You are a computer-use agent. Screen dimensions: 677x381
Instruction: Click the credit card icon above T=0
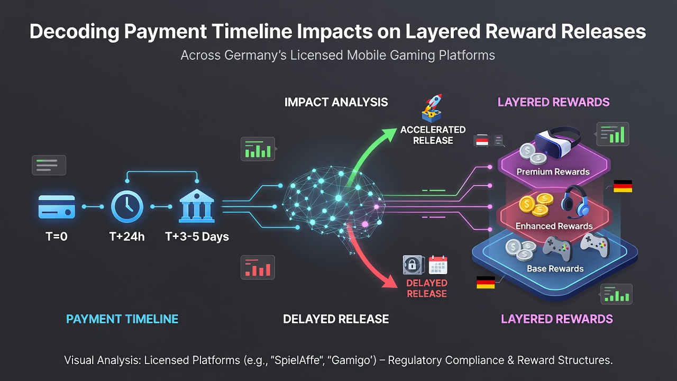tap(57, 207)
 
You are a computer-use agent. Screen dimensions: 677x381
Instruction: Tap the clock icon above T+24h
tap(127, 207)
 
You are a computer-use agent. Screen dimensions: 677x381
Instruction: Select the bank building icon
tap(197, 206)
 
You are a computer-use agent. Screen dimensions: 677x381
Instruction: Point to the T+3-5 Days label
tap(197, 237)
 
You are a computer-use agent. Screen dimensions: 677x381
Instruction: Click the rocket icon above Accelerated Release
tap(432, 108)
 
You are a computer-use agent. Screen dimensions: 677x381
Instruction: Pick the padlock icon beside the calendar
tap(413, 265)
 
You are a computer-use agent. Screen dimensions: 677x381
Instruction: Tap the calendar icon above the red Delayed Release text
tap(438, 265)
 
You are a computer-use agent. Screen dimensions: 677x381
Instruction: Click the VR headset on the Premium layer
tap(557, 142)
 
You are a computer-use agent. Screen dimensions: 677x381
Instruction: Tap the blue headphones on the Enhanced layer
tap(575, 202)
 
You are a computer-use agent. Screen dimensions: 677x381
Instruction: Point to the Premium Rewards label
tap(553, 172)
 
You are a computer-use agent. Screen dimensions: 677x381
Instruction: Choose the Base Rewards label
tap(555, 268)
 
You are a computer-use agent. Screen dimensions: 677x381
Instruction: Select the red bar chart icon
tap(258, 267)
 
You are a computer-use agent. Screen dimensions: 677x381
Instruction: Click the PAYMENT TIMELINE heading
tap(122, 319)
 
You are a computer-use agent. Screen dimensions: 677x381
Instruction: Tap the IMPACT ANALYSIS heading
tap(336, 102)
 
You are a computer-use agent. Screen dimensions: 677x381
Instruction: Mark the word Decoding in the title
tap(75, 31)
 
